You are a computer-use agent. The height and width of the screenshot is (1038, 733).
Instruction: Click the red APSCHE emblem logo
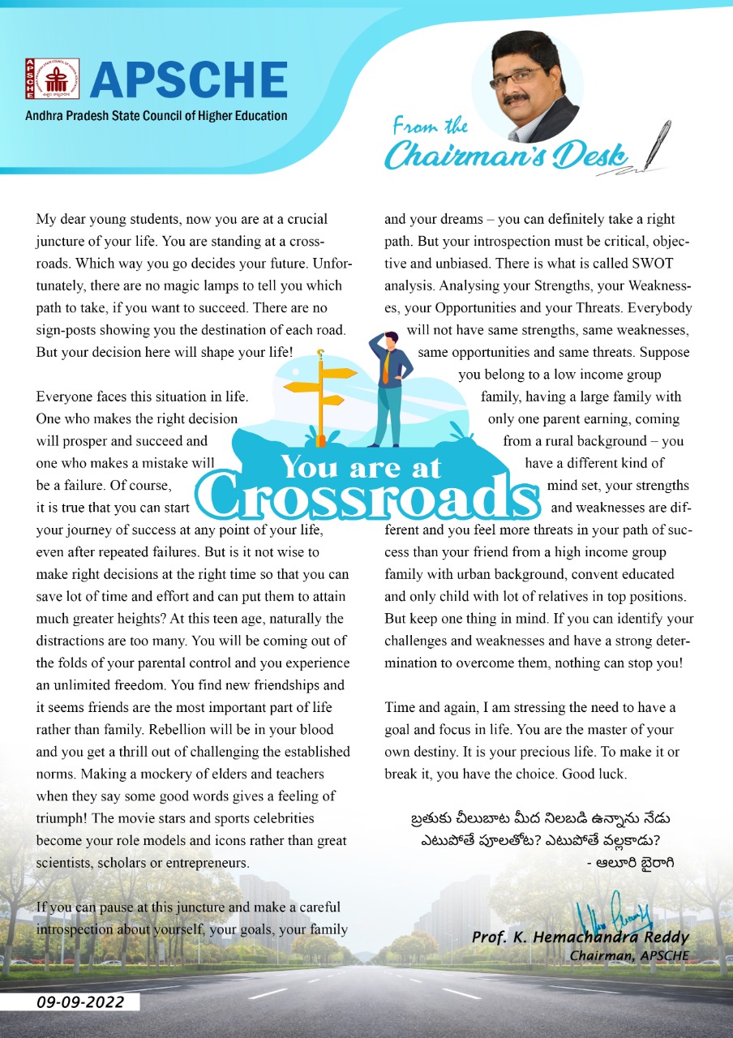pyautogui.click(x=52, y=79)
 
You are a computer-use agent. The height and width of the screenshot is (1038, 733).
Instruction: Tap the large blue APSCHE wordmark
pyautogui.click(x=188, y=79)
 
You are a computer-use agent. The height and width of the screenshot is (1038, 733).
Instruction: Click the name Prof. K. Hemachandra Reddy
pyautogui.click(x=581, y=937)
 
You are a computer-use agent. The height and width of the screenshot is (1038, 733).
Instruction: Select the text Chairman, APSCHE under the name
pyautogui.click(x=629, y=955)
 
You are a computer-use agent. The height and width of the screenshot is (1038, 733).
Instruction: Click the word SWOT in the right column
pyautogui.click(x=649, y=264)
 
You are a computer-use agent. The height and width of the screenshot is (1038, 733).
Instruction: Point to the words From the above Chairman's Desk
pyautogui.click(x=430, y=126)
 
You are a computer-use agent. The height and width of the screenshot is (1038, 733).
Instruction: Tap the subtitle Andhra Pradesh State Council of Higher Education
pyautogui.click(x=156, y=116)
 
